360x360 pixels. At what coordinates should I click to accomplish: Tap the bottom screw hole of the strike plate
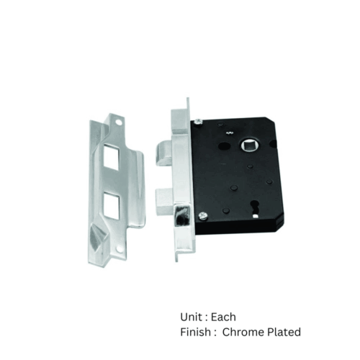click(x=118, y=245)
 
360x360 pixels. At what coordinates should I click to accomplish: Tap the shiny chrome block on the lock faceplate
click(x=182, y=216)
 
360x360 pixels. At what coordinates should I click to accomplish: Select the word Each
click(x=223, y=317)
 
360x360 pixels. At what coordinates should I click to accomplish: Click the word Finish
click(x=196, y=332)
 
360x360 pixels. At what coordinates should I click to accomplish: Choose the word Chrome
click(x=246, y=332)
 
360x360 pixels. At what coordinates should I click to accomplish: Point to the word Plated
click(x=286, y=332)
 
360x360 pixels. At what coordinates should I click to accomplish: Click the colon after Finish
click(x=215, y=333)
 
